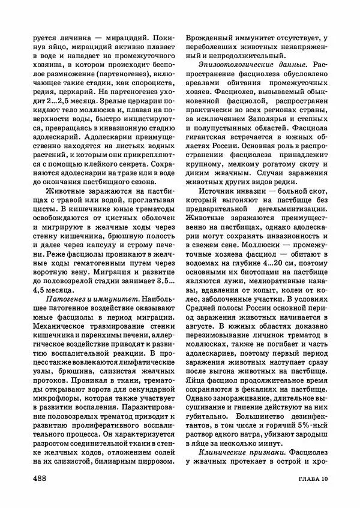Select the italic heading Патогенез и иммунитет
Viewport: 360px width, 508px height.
[91, 281]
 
